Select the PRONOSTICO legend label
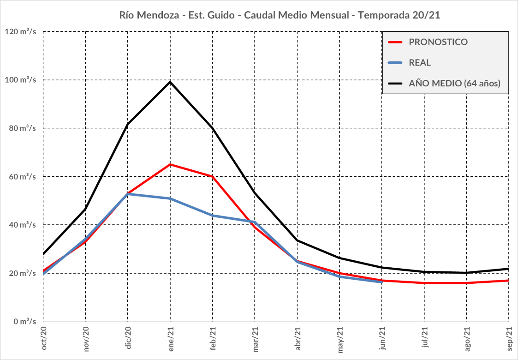point(438,42)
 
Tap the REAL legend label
point(420,63)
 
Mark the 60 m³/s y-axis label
point(23,176)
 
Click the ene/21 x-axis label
point(171,340)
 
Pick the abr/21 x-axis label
point(298,340)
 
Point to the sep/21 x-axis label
point(509,340)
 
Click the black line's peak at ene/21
point(170,82)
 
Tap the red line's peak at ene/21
point(170,164)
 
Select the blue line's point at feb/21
point(213,216)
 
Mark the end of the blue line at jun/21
point(382,282)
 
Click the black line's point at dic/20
point(128,124)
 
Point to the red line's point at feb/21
point(213,176)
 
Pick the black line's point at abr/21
point(297,240)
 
